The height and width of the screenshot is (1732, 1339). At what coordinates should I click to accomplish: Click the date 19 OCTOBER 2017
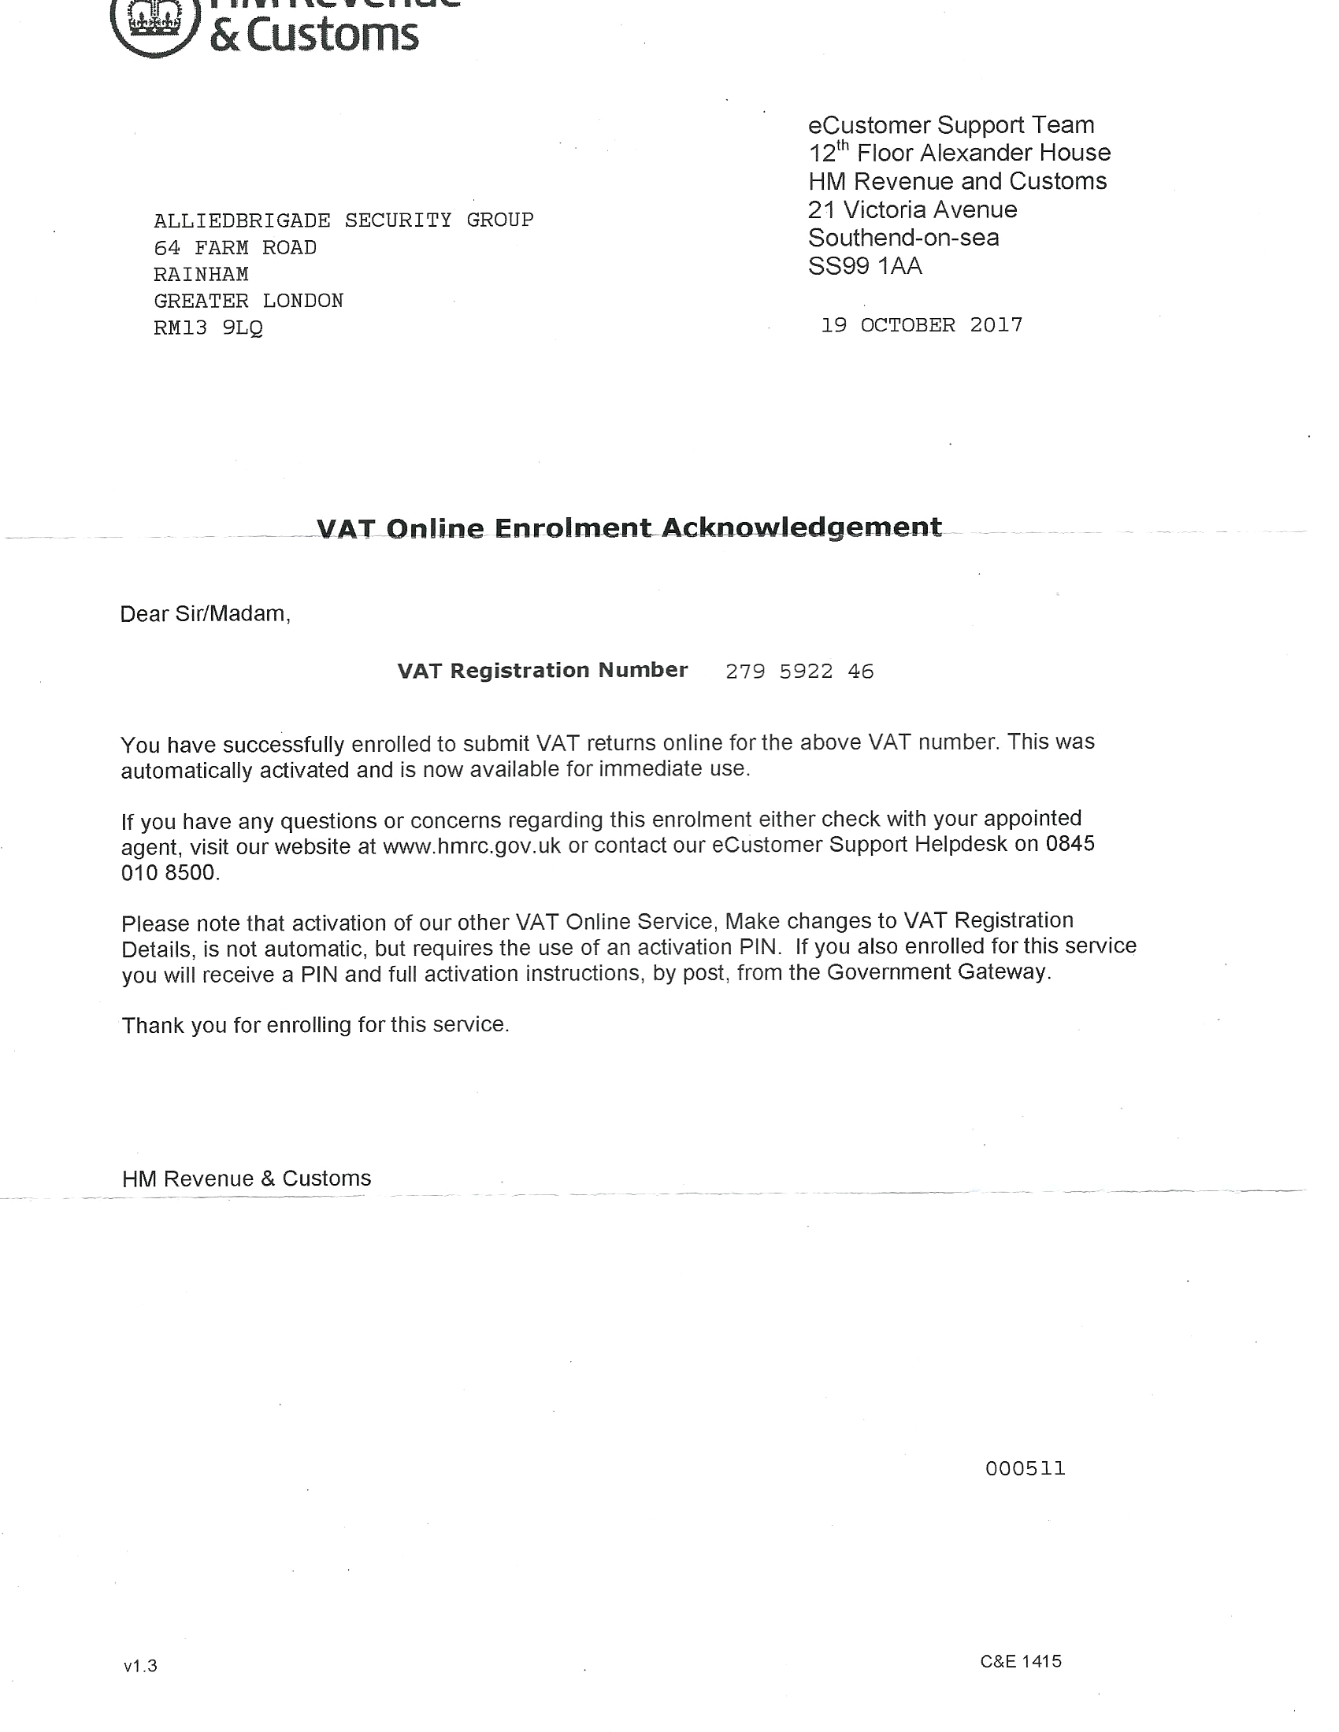tap(921, 325)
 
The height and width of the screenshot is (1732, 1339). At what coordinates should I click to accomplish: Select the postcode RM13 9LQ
tap(208, 328)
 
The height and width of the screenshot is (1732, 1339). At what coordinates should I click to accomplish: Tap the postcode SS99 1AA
tap(865, 266)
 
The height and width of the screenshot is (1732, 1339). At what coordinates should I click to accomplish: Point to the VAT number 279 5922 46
tap(799, 672)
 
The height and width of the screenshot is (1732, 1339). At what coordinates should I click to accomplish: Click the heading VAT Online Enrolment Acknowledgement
tap(629, 527)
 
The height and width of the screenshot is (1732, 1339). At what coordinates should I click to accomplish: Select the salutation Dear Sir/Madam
tap(205, 614)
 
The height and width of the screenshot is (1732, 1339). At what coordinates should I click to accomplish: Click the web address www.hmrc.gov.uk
tap(471, 846)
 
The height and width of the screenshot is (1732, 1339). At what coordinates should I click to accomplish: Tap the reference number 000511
tap(1025, 1469)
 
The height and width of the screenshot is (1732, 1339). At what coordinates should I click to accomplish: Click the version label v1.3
tap(140, 1666)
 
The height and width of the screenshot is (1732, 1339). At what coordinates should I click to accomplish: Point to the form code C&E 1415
tap(1020, 1661)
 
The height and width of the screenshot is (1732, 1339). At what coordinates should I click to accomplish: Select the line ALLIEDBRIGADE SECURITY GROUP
tap(343, 220)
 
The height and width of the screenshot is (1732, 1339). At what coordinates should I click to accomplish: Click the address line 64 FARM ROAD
tap(235, 247)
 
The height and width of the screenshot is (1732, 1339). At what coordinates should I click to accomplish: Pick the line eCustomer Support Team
tap(951, 125)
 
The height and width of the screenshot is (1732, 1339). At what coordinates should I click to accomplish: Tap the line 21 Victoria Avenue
tap(912, 210)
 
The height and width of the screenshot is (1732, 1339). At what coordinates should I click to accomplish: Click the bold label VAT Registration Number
tap(542, 671)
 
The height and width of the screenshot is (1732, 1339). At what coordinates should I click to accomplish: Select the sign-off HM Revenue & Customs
tap(246, 1179)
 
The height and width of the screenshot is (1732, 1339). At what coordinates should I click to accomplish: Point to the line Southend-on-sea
tap(903, 238)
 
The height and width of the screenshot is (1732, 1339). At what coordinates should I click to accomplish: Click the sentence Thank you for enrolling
tap(315, 1025)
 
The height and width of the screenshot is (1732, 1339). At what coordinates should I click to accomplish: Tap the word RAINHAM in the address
tap(201, 275)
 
